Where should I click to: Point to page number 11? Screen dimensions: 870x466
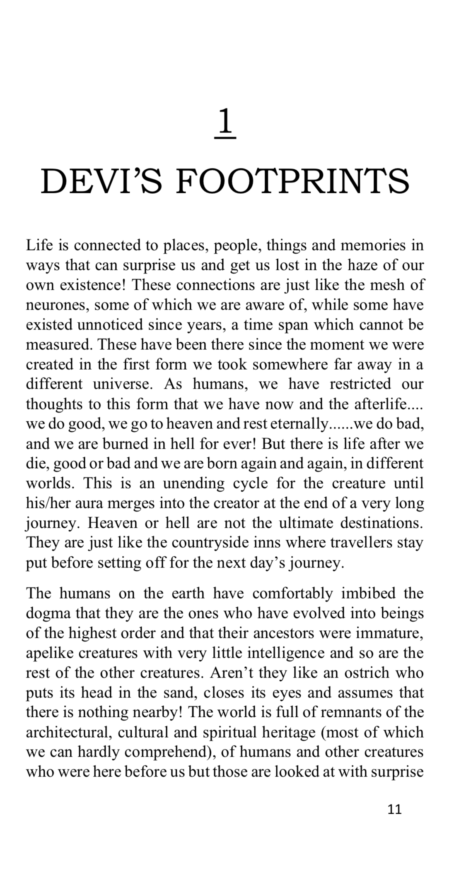click(394, 809)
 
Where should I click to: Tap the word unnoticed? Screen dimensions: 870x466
click(110, 325)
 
